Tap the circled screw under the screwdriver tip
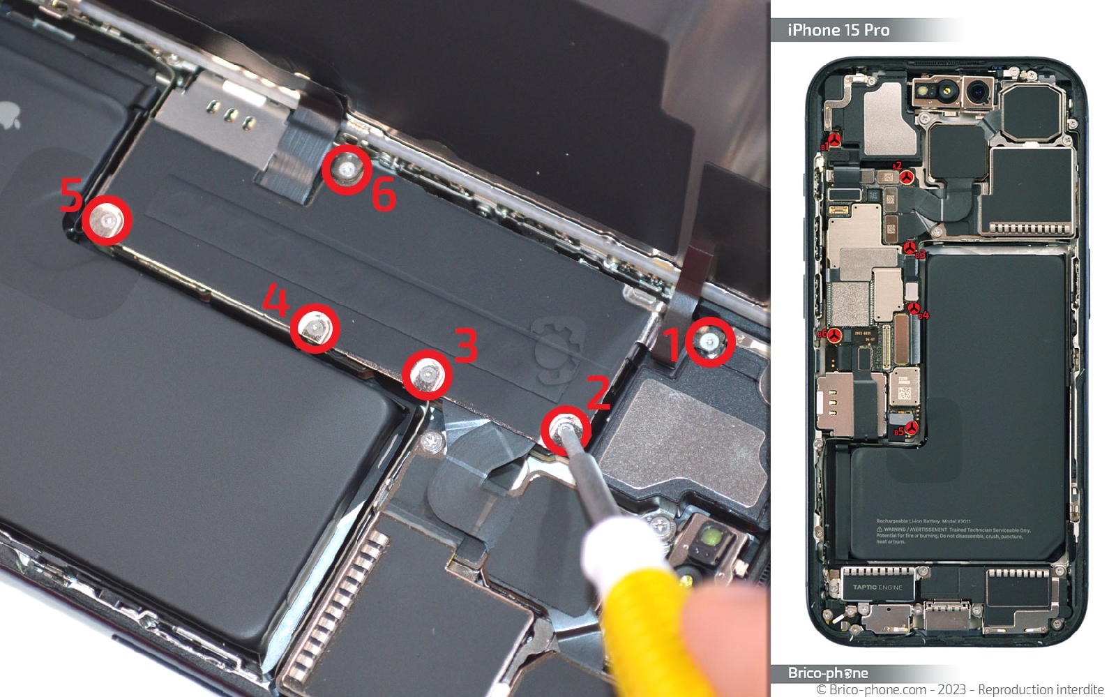[x=565, y=429]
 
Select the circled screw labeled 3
[x=427, y=375]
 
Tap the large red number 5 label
[x=71, y=195]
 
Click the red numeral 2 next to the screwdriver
[x=598, y=392]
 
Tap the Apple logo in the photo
[x=8, y=115]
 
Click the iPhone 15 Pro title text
[x=838, y=30]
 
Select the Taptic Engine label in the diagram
[x=877, y=587]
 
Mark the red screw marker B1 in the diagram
[x=834, y=140]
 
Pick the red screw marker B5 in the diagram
[x=911, y=428]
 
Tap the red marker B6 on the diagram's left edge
[x=834, y=335]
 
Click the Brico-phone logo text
[x=828, y=673]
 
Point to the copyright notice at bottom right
[x=960, y=689]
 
